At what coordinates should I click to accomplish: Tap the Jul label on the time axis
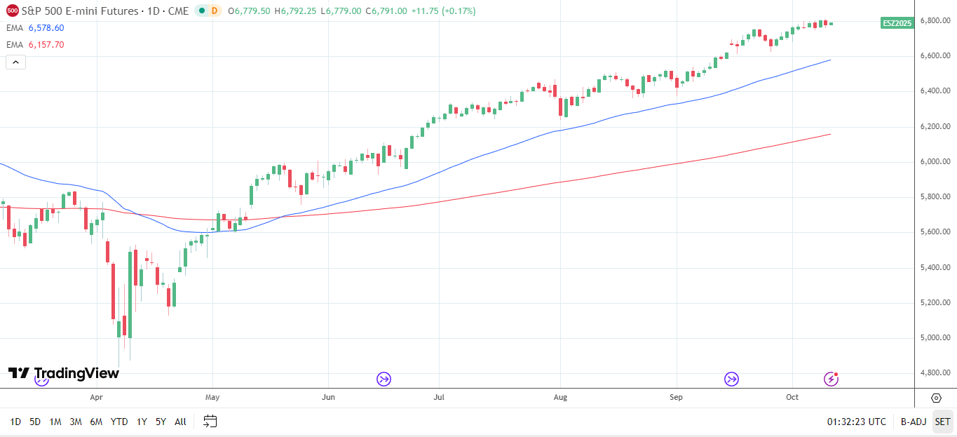(439, 397)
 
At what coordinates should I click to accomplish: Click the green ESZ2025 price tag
(897, 23)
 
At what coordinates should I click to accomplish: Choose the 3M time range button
(76, 422)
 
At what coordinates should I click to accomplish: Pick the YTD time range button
(119, 422)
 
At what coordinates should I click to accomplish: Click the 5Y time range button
(161, 422)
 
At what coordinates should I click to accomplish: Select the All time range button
(180, 422)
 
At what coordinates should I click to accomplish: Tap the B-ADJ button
(914, 422)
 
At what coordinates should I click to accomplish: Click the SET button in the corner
(942, 422)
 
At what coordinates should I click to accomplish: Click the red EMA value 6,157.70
(46, 45)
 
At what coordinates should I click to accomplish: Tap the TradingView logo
(64, 373)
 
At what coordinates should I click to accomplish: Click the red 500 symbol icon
(12, 11)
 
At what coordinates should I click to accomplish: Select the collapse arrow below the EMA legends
(15, 62)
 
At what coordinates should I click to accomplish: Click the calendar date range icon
(210, 422)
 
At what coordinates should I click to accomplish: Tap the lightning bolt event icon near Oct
(831, 379)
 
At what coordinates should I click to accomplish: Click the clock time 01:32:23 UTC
(856, 422)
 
